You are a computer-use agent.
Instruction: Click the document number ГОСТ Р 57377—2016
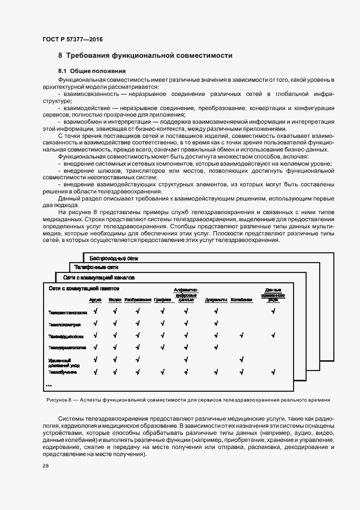pos(72,39)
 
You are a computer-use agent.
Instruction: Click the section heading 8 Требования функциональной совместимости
pos(145,56)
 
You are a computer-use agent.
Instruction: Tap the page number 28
pos(45,466)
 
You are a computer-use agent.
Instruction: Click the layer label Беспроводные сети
pos(114,257)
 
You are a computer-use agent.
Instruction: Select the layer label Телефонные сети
pos(96,268)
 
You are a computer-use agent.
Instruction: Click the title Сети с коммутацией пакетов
pos(84,288)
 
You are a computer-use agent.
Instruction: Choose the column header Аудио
pos(95,300)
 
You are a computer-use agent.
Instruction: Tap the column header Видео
pos(115,300)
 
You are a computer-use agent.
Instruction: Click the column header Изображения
pos(137,300)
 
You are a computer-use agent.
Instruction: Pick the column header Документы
pos(216,300)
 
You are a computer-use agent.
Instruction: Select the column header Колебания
pos(241,300)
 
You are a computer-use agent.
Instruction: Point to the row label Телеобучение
pos(62,372)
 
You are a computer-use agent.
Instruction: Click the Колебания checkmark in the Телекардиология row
pos(241,335)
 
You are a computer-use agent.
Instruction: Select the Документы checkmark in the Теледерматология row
pos(216,347)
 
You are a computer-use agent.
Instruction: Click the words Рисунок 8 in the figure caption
pos(58,400)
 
